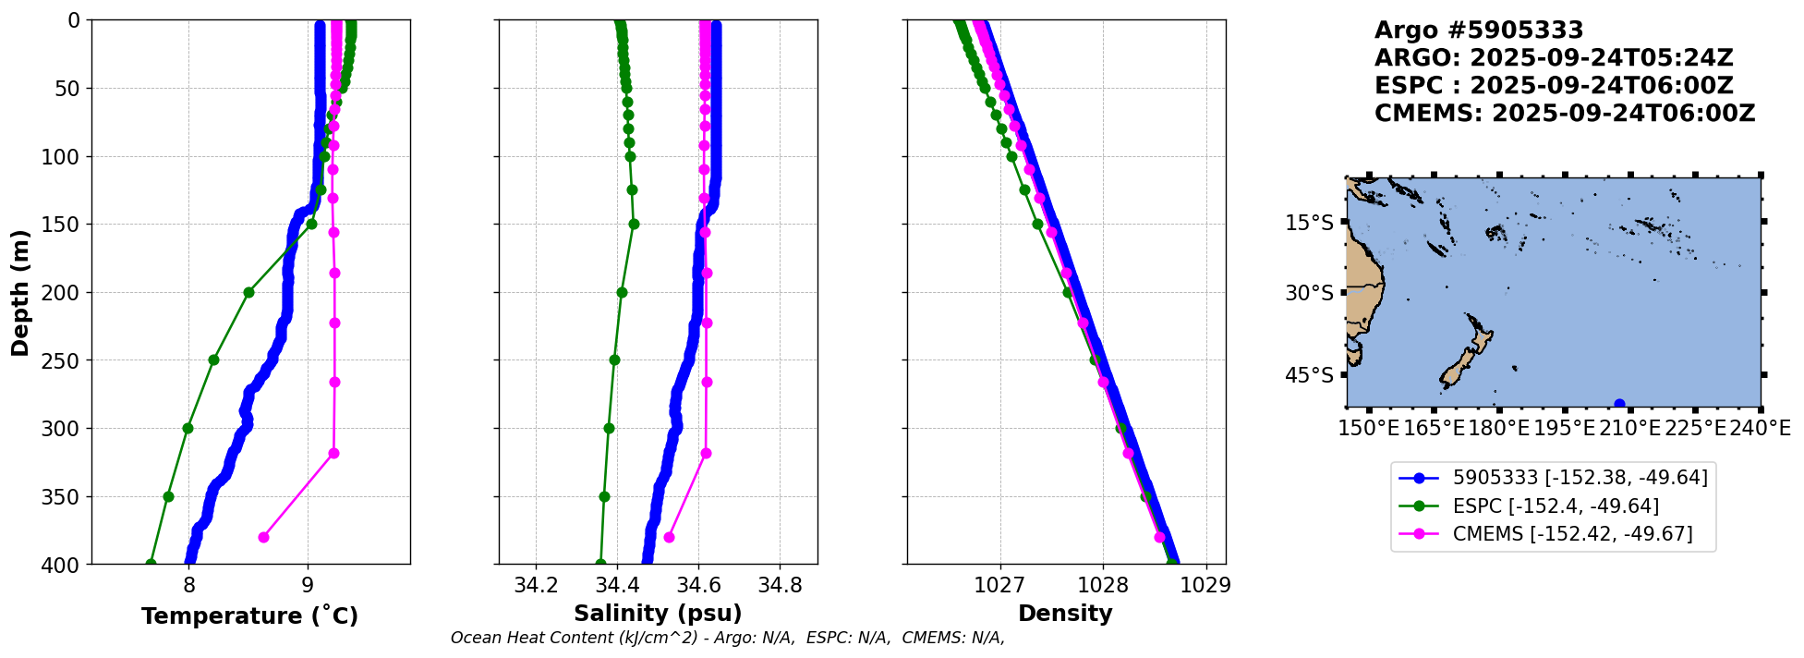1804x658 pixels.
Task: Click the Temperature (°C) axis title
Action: pyautogui.click(x=249, y=616)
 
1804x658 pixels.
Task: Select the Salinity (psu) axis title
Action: pyautogui.click(x=658, y=614)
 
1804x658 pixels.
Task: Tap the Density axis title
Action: pyautogui.click(x=1065, y=614)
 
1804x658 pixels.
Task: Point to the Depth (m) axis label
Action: pyautogui.click(x=20, y=292)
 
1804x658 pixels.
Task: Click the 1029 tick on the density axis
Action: pyautogui.click(x=1205, y=585)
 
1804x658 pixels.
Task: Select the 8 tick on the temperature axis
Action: pyautogui.click(x=189, y=585)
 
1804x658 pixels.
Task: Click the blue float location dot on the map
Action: pyautogui.click(x=1619, y=404)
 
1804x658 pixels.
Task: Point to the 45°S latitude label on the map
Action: pyautogui.click(x=1310, y=375)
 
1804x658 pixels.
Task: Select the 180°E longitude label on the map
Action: pyautogui.click(x=1499, y=428)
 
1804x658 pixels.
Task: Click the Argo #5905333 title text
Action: pyautogui.click(x=1479, y=31)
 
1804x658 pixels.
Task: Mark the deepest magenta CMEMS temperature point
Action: pyautogui.click(x=263, y=537)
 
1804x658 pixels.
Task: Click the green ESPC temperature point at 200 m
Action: pyautogui.click(x=248, y=292)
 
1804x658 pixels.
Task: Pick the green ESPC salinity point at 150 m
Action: pyautogui.click(x=634, y=224)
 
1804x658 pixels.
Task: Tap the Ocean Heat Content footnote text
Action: pyautogui.click(x=727, y=638)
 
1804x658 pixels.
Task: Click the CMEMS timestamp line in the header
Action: pyautogui.click(x=1564, y=114)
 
